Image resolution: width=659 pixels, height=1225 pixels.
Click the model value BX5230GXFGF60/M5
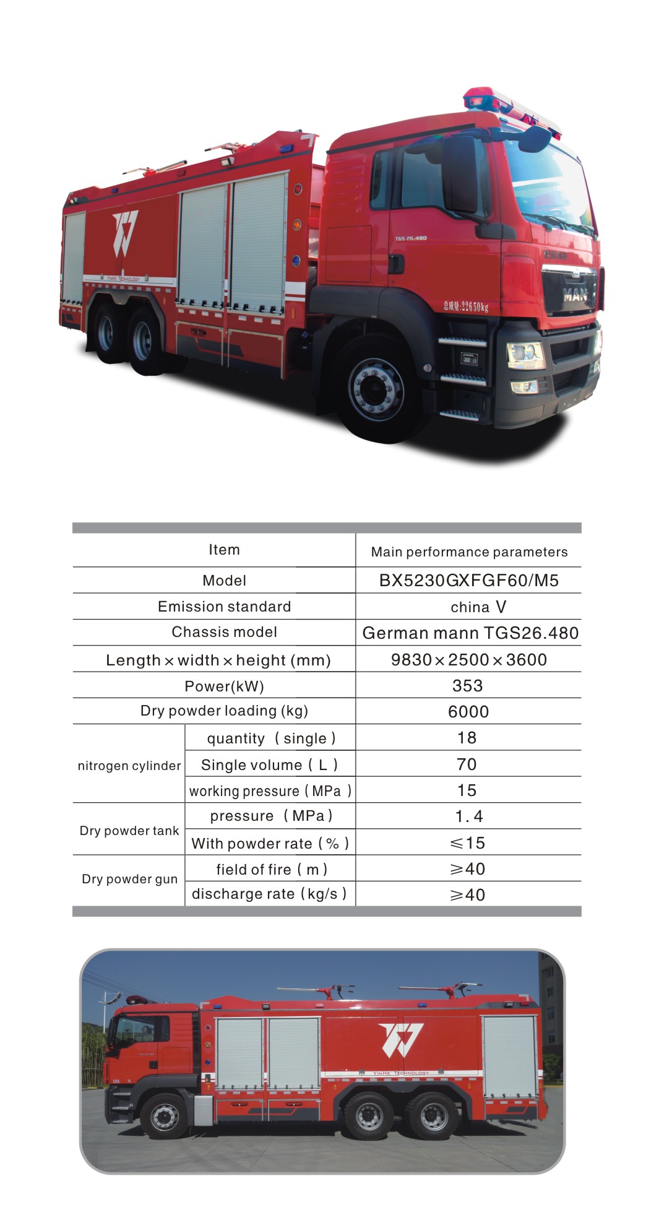(x=468, y=581)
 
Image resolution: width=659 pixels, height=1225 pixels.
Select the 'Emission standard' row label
(x=224, y=607)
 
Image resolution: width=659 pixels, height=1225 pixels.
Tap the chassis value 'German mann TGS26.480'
(x=470, y=633)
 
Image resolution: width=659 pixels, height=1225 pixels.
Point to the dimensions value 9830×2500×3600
(x=468, y=660)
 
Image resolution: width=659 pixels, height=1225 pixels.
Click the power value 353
(x=467, y=686)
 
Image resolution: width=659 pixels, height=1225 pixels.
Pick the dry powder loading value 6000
(x=468, y=712)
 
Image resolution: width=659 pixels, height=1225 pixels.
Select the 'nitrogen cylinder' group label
(x=129, y=766)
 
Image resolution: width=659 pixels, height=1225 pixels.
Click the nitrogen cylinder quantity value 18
(x=467, y=738)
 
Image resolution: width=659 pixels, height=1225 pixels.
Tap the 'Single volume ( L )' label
(x=269, y=765)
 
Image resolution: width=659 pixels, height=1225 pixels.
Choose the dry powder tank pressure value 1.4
(x=468, y=816)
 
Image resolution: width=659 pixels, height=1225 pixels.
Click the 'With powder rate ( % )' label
(x=270, y=843)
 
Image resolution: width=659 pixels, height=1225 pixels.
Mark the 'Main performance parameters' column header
(x=469, y=552)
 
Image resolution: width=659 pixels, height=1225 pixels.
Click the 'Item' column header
(x=224, y=550)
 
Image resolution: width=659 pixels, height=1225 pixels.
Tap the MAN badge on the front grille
(x=575, y=295)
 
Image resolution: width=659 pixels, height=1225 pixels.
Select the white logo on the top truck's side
(x=125, y=233)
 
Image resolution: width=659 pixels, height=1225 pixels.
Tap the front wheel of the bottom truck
(x=164, y=1116)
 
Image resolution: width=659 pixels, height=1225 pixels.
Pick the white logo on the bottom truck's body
(x=401, y=1039)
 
